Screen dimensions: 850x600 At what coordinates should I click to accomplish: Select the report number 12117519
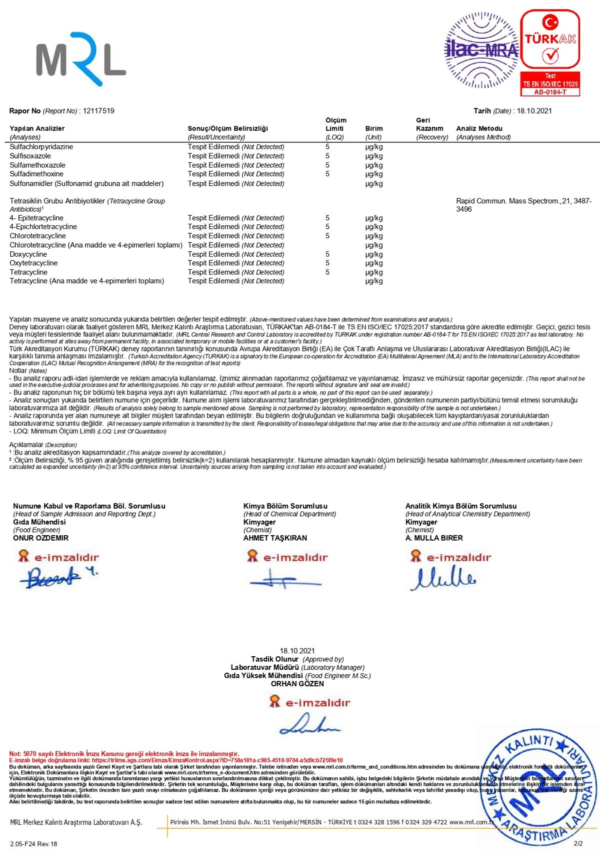point(98,111)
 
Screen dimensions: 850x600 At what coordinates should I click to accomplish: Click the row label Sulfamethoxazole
point(37,165)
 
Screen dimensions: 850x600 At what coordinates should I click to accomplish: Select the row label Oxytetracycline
point(33,263)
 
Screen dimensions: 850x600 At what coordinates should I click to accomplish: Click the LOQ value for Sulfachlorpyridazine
point(327,147)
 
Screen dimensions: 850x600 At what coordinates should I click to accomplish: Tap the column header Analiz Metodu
point(479,129)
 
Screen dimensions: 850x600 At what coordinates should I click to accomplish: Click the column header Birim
point(374,129)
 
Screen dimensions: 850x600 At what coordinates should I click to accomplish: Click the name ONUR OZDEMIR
point(40,538)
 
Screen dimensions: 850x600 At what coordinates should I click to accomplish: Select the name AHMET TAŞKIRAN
point(275,538)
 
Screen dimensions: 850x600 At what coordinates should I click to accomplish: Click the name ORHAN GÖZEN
point(297,684)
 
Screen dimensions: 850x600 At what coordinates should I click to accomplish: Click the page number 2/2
point(578,843)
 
